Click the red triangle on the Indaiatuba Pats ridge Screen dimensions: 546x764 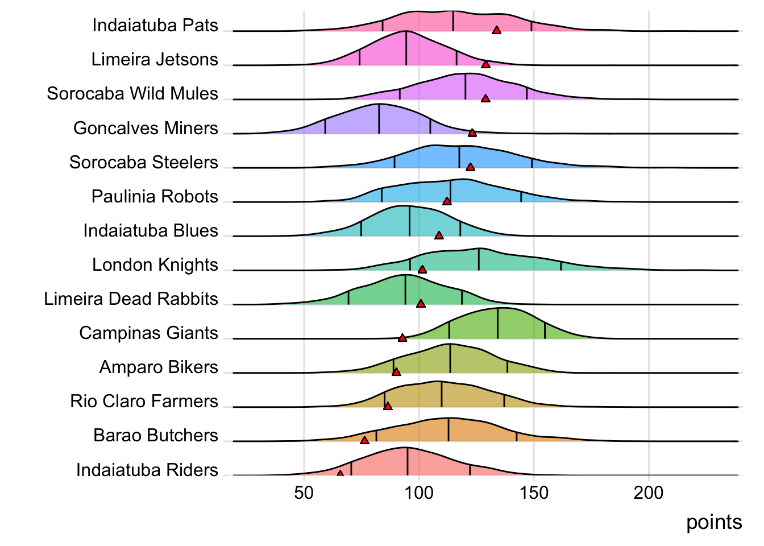pos(497,30)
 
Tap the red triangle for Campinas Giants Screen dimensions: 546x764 pos(402,338)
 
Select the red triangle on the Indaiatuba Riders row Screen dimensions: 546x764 pos(340,474)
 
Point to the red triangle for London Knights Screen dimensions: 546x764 pos(422,270)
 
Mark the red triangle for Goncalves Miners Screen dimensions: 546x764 pos(472,133)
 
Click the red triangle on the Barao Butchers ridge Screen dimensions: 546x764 pos(364,440)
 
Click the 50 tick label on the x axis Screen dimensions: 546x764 pos(304,493)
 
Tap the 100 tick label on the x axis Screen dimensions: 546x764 pos(419,493)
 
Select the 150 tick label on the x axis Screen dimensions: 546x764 pos(534,493)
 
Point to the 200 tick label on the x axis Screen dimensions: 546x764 pos(649,493)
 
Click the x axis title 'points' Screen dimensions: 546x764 pos(714,522)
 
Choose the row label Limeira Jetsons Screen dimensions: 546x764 pos(155,60)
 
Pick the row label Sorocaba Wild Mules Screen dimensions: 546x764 pos(132,94)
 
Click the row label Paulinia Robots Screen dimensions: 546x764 pos(155,197)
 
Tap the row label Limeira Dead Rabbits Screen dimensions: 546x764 pos(131,299)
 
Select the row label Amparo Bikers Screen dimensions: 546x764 pos(159,367)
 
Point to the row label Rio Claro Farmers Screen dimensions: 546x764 pos(144,402)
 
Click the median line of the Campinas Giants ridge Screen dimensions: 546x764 pos(498,323)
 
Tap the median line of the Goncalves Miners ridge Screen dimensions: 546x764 pos(379,119)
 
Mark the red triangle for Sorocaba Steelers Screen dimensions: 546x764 pos(470,167)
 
